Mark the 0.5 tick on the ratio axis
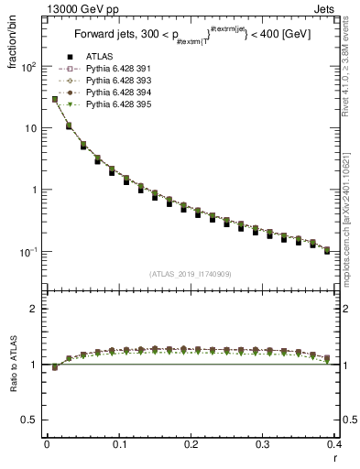(32, 420)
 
